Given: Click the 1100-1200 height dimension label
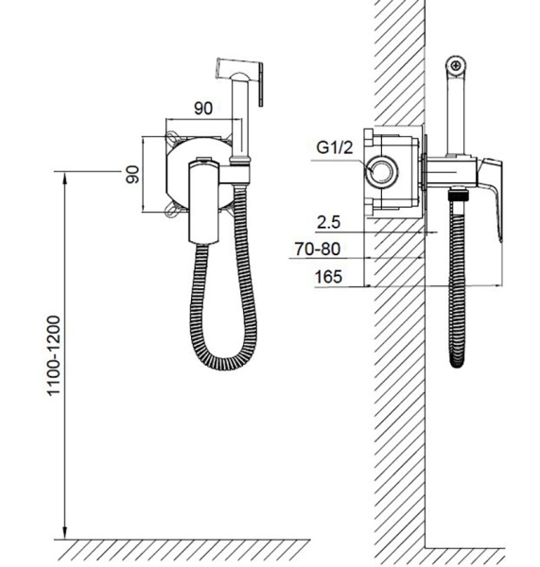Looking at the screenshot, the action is tap(54, 355).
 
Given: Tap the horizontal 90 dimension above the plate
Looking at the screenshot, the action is tap(203, 108).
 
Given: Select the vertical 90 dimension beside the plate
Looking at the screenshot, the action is tap(132, 174).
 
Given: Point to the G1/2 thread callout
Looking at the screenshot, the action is tap(334, 147).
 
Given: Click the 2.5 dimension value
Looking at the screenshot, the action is tap(328, 222).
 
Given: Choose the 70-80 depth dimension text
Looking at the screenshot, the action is tap(318, 249).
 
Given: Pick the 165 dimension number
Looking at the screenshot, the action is tap(328, 277).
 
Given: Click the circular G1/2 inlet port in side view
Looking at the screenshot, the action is tap(382, 171).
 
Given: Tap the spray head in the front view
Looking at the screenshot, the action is tap(240, 77).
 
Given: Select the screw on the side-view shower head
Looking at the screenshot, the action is tap(455, 66).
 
